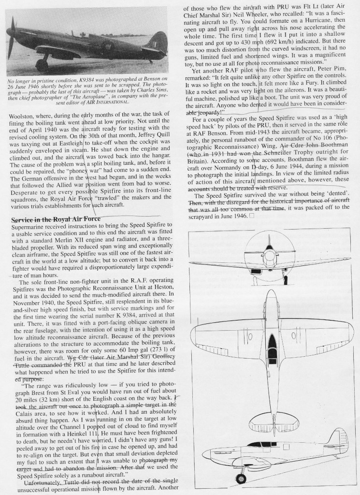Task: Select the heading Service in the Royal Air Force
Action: click(56, 219)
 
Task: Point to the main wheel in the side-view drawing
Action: click(238, 480)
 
